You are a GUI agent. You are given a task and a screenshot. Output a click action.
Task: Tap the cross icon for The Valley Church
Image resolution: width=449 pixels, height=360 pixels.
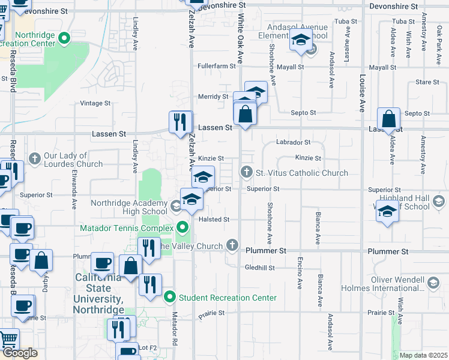233,245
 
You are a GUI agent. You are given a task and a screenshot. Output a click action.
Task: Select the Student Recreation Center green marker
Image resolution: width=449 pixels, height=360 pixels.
170,297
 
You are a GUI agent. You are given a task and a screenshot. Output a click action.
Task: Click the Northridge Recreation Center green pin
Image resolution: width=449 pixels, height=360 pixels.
65,40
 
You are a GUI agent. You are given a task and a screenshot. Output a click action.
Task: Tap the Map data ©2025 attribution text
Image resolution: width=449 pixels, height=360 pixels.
423,355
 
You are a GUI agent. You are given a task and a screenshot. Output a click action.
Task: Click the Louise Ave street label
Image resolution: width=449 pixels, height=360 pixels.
363,93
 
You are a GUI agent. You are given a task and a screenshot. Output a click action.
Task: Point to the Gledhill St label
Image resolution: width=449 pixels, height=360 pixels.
259,268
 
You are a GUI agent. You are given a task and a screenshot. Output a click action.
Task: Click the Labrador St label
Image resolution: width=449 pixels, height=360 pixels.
293,142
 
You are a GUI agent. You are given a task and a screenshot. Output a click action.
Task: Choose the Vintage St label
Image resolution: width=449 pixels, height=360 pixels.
95,103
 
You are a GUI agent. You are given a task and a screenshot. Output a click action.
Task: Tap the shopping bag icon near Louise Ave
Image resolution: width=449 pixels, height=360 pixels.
389,120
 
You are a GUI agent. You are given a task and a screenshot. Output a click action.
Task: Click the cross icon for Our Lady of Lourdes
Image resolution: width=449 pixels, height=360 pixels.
35,158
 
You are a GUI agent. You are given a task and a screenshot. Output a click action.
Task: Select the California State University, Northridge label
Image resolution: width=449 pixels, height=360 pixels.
99,293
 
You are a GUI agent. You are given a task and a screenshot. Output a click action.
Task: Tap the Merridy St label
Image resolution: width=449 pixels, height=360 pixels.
214,97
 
